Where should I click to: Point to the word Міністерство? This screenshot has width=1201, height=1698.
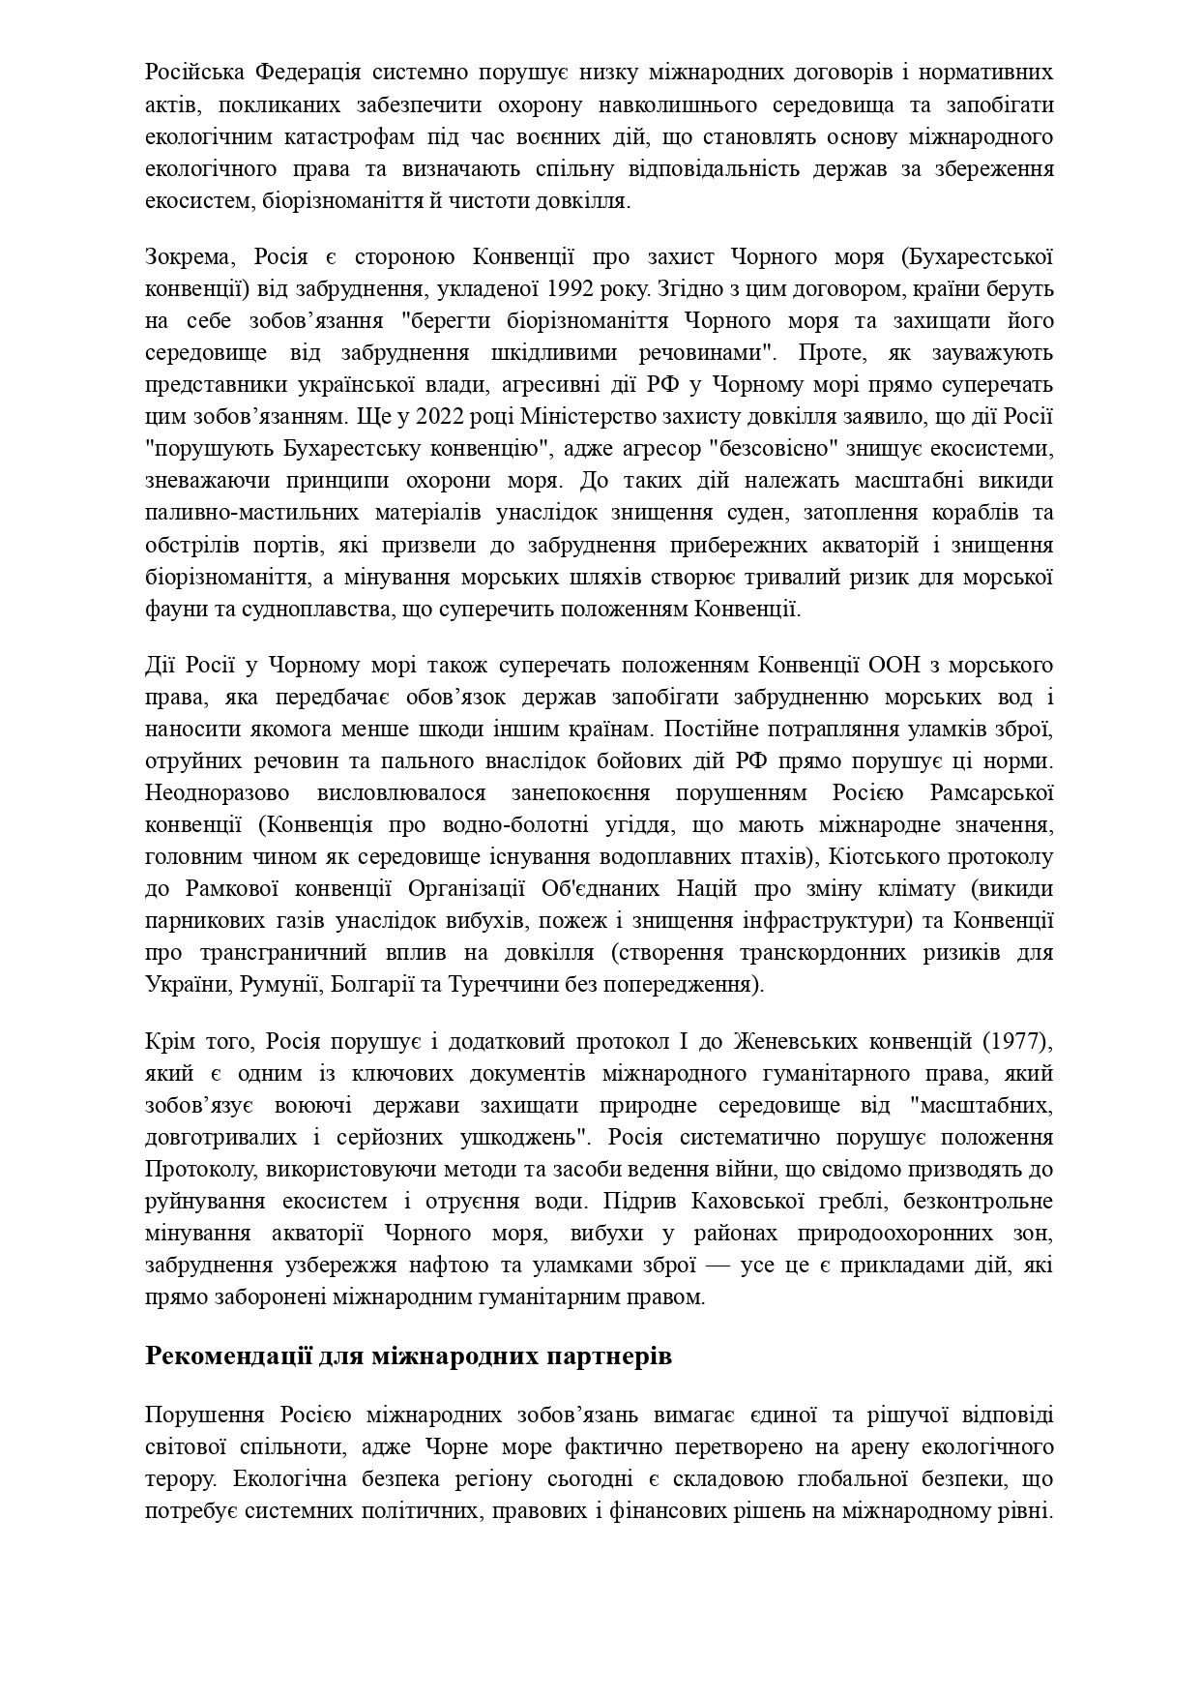point(588,417)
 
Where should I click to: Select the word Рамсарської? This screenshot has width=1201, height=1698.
point(990,793)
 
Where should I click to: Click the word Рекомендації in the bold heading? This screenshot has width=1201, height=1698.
point(228,1355)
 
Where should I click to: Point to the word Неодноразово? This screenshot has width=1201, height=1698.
point(217,793)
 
